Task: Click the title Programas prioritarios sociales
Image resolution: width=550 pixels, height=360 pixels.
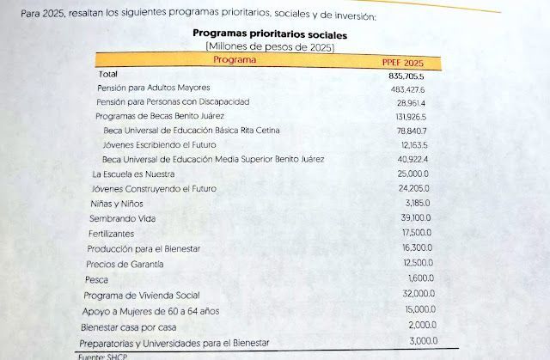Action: pos(270,34)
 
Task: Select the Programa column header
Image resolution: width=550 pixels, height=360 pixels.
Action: pos(235,59)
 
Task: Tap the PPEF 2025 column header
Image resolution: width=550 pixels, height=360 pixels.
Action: pos(403,63)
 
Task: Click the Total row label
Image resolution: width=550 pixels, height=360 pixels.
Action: pos(108,74)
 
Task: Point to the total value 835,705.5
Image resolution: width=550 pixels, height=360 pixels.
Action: pos(406,76)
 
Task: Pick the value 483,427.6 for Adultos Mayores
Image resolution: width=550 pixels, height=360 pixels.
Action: pos(407,89)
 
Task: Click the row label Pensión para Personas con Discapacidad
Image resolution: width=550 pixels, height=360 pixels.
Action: pos(173,102)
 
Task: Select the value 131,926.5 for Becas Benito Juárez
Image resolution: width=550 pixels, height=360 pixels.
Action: pos(411,117)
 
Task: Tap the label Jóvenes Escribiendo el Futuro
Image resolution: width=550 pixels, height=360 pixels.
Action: pos(159,144)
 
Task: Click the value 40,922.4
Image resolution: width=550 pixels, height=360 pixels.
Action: pos(412,159)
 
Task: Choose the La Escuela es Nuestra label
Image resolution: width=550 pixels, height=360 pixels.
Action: pos(133,174)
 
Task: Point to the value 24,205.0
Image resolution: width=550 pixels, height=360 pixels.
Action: pos(413,188)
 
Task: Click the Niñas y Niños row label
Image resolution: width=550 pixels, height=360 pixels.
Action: pos(117,204)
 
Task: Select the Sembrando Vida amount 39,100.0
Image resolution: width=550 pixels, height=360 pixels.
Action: pos(416,217)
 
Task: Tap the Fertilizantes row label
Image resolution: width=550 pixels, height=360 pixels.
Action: pos(111,234)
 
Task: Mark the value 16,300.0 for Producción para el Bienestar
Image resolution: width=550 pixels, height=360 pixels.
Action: pos(417,247)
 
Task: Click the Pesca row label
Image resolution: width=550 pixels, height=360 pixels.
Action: pos(96,280)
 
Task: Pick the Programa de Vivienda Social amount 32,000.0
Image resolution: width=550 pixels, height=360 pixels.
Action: pos(419,293)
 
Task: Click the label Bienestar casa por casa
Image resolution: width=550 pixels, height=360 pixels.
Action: pos(128,327)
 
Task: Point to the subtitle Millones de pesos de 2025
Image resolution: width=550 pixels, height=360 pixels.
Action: pos(270,46)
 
